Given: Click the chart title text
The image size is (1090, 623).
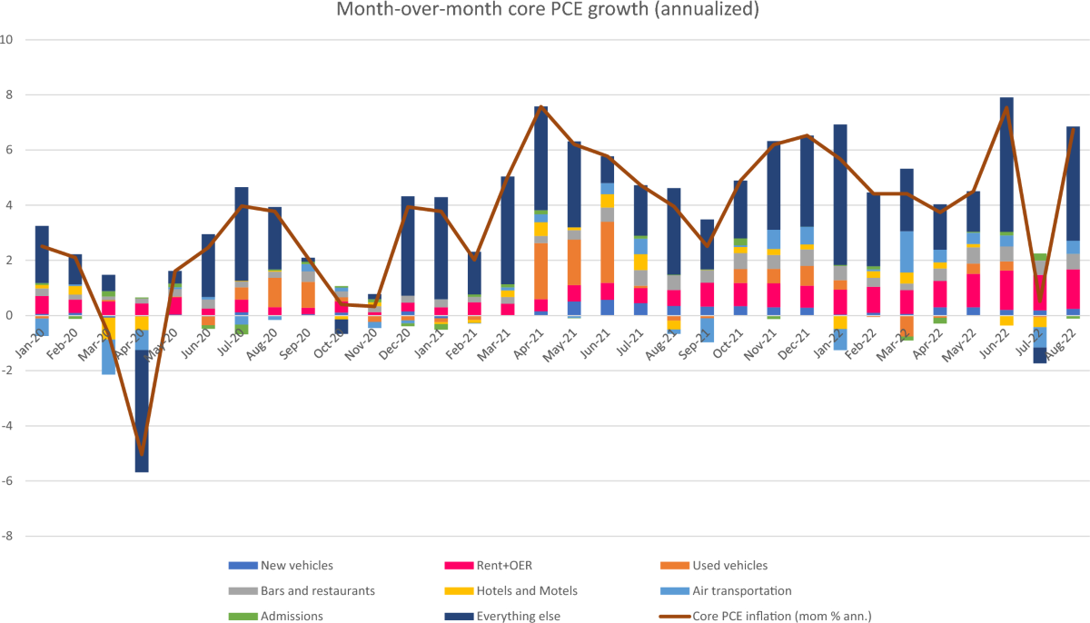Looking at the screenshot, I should point(545,10).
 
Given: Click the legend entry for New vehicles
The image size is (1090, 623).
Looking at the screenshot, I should point(297,566).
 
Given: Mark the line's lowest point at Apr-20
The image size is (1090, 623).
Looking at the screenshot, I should point(142,454).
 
